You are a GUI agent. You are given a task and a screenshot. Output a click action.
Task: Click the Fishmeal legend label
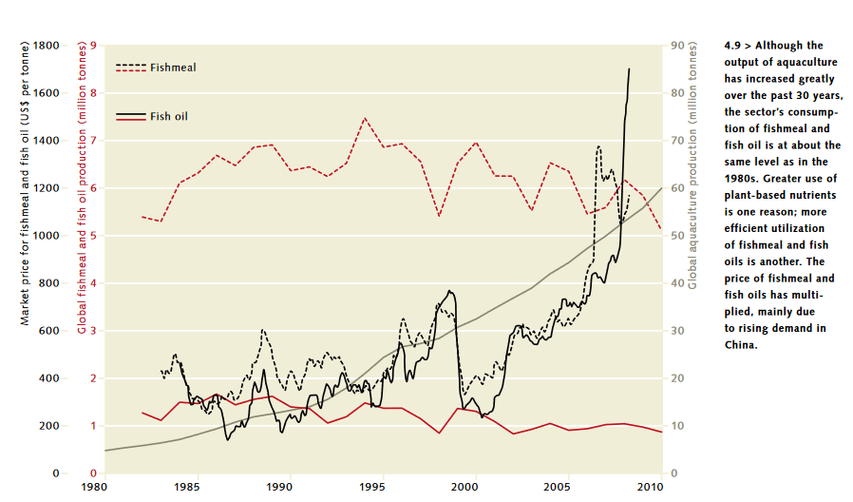coord(173,68)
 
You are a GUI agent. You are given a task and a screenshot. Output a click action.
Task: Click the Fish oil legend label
coord(169,116)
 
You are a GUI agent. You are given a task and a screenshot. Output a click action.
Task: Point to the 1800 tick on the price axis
coord(46,46)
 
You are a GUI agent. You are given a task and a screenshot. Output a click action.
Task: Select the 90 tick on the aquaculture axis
coord(676,46)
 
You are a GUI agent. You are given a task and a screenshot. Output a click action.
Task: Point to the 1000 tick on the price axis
coord(46,236)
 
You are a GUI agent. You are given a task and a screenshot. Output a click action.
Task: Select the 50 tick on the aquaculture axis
coord(676,236)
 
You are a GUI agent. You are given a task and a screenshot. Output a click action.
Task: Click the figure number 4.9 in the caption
coord(732,45)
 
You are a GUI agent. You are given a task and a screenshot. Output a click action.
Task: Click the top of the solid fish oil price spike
coord(629,69)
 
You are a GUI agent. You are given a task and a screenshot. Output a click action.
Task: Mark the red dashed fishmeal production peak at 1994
coord(365,118)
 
